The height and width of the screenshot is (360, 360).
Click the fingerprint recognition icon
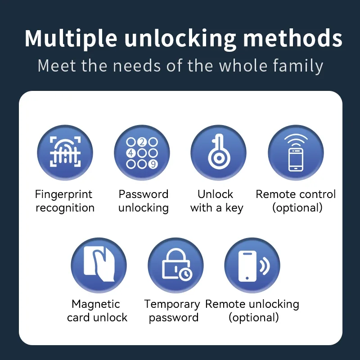click(65, 153)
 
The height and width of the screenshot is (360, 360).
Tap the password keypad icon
click(142, 153)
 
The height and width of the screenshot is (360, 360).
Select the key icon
click(218, 153)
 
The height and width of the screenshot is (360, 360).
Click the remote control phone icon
click(296, 153)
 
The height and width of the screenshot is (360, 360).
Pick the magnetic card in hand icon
click(99, 265)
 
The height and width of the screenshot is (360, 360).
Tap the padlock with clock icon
click(175, 265)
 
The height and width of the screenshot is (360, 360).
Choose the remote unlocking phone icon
click(252, 265)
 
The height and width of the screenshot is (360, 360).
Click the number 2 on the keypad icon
click(142, 142)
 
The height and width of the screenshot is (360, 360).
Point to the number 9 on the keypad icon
click(153, 164)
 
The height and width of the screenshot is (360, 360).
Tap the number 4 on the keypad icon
click(131, 153)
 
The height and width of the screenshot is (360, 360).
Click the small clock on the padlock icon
click(185, 274)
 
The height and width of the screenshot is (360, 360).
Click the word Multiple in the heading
click(71, 39)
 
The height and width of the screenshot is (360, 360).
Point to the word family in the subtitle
click(298, 66)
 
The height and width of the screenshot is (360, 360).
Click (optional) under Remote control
click(297, 208)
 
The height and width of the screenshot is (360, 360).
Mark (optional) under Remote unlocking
click(254, 318)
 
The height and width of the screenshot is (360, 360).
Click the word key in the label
click(234, 208)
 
